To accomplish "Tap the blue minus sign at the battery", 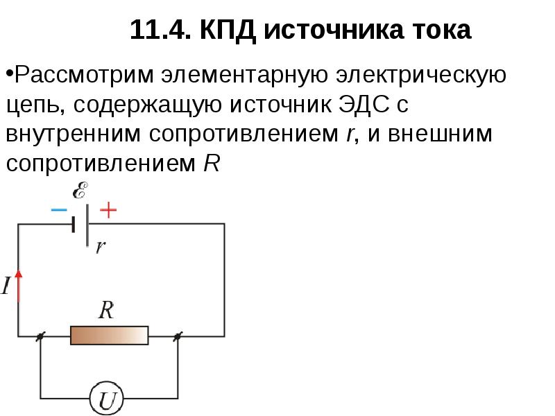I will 59,209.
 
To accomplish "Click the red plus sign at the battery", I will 108,209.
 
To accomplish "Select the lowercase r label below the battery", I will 101,247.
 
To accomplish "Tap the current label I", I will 6,286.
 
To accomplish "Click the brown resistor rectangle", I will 110,336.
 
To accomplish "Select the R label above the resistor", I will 106,309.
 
